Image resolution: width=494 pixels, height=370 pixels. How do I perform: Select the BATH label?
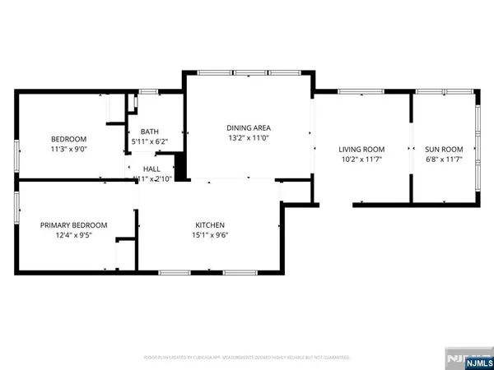[149, 132]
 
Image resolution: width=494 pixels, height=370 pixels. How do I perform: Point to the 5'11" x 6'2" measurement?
[149, 142]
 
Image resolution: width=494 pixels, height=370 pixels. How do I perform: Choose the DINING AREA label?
[249, 127]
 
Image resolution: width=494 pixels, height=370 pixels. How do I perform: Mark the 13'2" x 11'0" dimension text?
[249, 138]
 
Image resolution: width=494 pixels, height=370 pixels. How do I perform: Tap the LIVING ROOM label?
[361, 149]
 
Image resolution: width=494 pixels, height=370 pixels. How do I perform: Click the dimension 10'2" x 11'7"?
[361, 160]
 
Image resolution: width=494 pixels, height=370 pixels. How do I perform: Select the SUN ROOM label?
[444, 149]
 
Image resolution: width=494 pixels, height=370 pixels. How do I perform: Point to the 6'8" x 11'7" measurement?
[444, 160]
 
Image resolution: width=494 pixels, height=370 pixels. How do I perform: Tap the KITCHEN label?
[210, 224]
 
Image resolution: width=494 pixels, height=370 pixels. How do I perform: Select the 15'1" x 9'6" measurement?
[210, 235]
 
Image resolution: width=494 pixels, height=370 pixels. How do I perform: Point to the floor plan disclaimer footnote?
[247, 358]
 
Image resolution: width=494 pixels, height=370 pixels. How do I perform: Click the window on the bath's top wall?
[148, 90]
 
